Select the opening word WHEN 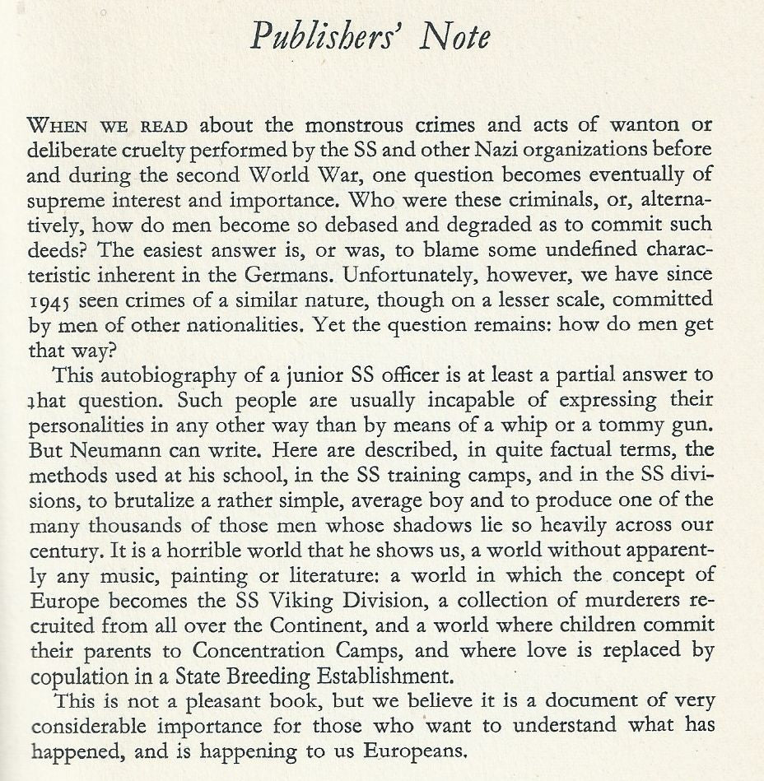[55, 128]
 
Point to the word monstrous [355, 128]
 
